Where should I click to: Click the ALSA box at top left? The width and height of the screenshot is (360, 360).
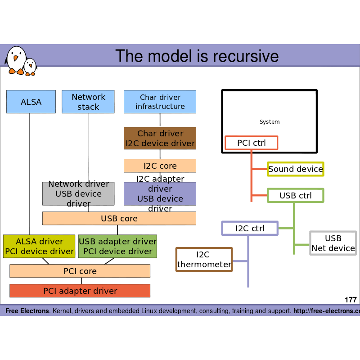tap(31, 102)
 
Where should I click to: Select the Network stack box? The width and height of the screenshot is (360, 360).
tap(88, 102)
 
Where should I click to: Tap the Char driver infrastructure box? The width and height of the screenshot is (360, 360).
tap(160, 102)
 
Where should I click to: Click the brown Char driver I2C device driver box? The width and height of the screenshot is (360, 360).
tap(160, 138)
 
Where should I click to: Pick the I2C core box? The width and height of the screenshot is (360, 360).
tap(160, 166)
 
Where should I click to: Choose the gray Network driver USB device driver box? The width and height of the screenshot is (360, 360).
tap(78, 193)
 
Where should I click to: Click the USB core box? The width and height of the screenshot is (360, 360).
tap(119, 218)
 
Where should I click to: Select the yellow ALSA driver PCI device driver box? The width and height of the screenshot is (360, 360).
tap(39, 246)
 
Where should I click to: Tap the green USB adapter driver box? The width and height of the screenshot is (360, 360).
tap(117, 246)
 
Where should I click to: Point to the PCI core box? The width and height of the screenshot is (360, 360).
tap(80, 271)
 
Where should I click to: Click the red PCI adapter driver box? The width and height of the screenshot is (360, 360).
tap(80, 291)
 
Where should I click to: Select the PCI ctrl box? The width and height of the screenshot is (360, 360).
tap(251, 143)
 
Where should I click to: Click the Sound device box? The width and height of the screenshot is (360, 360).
tap(295, 169)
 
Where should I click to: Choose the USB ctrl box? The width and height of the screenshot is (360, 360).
tap(295, 195)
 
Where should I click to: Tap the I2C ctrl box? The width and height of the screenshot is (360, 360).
tap(250, 228)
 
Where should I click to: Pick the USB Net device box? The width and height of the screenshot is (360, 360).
tap(333, 243)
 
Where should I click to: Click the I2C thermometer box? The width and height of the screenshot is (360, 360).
tap(204, 260)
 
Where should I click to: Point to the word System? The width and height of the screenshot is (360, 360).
tap(270, 122)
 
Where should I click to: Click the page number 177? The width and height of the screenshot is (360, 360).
tap(351, 300)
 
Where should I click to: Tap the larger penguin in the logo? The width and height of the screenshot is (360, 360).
tap(16, 59)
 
